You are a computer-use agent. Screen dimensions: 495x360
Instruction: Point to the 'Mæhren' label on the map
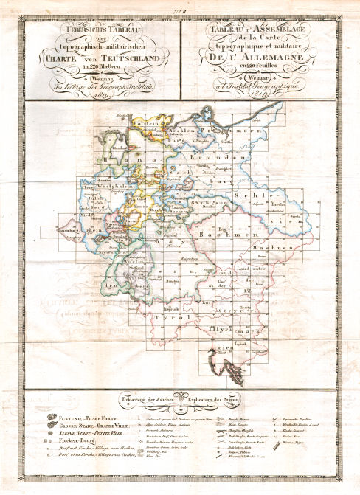[x=280, y=249]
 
